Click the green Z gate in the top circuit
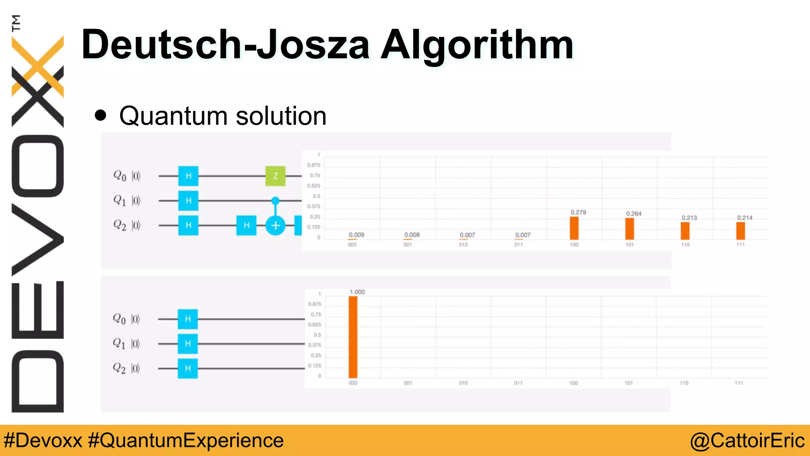pyautogui.click(x=275, y=176)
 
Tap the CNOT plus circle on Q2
pyautogui.click(x=275, y=226)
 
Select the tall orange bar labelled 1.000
pyautogui.click(x=353, y=337)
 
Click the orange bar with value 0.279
pyautogui.click(x=574, y=228)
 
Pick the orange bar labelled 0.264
pyautogui.click(x=630, y=229)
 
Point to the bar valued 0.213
pyautogui.click(x=685, y=231)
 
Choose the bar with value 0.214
pyautogui.click(x=740, y=231)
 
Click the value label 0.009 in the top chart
pyautogui.click(x=356, y=235)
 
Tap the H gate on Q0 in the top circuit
pyautogui.click(x=188, y=176)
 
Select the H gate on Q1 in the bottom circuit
pyautogui.click(x=188, y=344)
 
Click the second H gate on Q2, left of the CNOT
pyautogui.click(x=246, y=226)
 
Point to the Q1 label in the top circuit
pyautogui.click(x=119, y=200)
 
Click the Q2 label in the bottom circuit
pyautogui.click(x=119, y=368)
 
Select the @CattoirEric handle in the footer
pyautogui.click(x=747, y=441)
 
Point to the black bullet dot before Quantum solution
pyautogui.click(x=101, y=116)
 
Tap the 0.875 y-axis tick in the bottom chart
pyautogui.click(x=314, y=304)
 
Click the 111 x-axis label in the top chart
pyautogui.click(x=740, y=245)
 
